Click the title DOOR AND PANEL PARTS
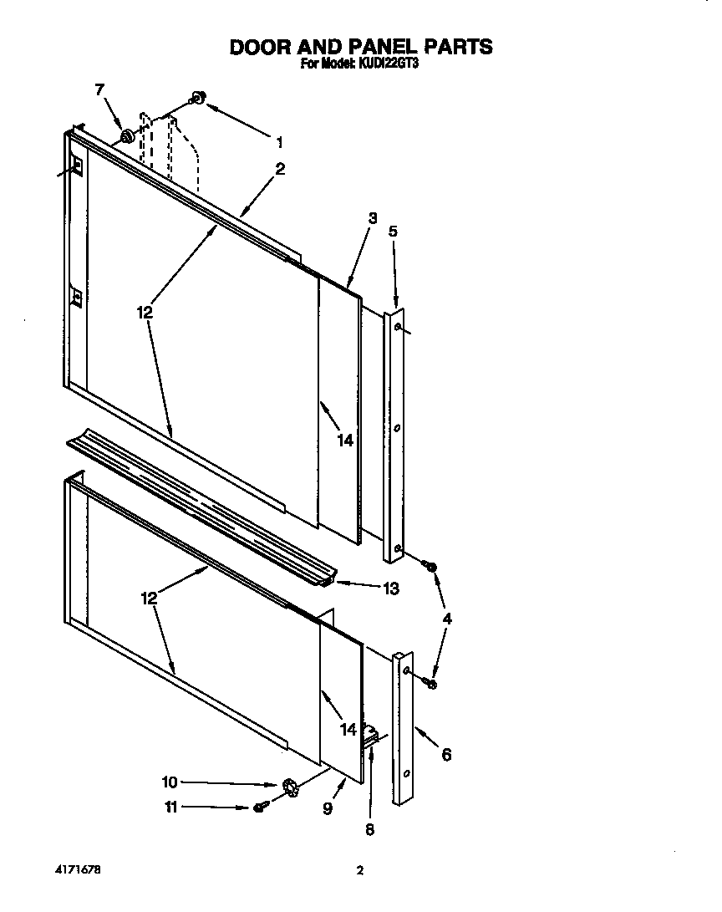point(361,47)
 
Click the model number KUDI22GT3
point(387,63)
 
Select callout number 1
point(279,142)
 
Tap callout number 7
point(100,90)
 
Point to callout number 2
point(280,169)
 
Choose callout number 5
point(394,232)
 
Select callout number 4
point(448,619)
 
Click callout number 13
point(389,588)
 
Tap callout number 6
point(446,755)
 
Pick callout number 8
point(370,830)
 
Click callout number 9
point(328,809)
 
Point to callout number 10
point(170,782)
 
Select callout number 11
point(170,808)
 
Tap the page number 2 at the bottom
point(360,871)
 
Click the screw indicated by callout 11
point(259,808)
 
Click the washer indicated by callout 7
point(127,135)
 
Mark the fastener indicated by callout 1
point(199,98)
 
